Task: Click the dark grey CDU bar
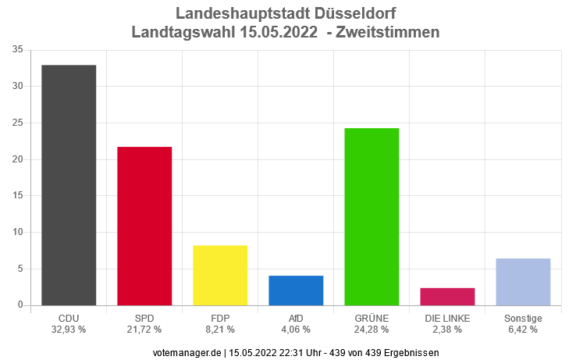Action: coord(69,185)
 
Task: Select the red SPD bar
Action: coord(144,226)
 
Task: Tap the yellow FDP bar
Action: coord(220,275)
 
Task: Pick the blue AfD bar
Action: coord(296,290)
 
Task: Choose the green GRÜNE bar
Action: coord(372,216)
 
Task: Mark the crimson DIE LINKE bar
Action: coord(447,296)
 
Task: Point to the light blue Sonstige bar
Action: coord(523,281)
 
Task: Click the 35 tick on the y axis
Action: coord(17,50)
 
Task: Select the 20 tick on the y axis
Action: coord(17,159)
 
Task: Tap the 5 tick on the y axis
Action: coord(20,269)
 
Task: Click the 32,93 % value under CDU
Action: coord(69,330)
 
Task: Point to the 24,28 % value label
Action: coord(372,330)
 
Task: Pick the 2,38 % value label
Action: coord(447,330)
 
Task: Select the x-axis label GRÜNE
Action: coord(372,319)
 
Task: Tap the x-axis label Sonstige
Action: coord(523,319)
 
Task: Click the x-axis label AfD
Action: coord(296,319)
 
